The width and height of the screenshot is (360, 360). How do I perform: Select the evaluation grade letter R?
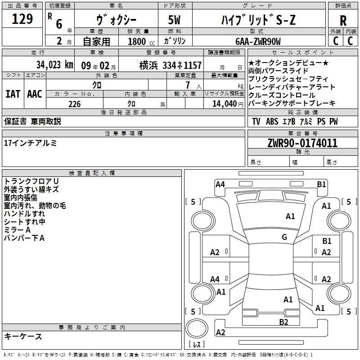(x=343, y=20)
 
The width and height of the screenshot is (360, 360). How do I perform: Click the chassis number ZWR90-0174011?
(x=302, y=143)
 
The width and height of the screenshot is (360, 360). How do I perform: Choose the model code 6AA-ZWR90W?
(x=258, y=42)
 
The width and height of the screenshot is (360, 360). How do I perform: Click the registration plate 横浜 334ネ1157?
(x=170, y=65)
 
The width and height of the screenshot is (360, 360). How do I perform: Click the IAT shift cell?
(x=13, y=94)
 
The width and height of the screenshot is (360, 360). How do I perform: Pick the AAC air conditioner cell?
(x=34, y=94)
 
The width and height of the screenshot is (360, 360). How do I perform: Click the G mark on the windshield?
(x=284, y=237)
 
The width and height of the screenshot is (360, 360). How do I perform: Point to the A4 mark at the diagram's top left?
(x=220, y=184)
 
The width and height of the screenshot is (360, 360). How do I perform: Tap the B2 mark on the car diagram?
(x=283, y=322)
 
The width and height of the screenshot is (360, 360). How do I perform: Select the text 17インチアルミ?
(x=30, y=143)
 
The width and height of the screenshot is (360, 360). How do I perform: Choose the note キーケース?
(x=23, y=337)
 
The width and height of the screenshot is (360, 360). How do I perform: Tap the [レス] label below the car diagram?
(x=197, y=345)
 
